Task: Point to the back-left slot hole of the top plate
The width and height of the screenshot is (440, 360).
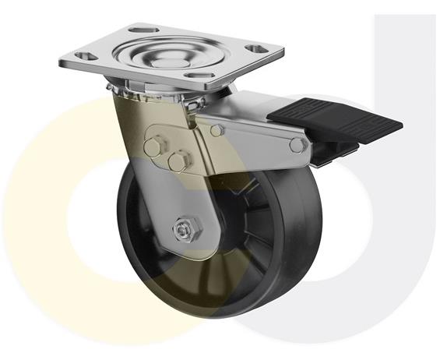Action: [x=139, y=30]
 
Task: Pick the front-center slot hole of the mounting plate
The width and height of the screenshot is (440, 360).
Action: [x=192, y=76]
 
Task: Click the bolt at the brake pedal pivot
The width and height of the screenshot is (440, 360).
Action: [x=296, y=144]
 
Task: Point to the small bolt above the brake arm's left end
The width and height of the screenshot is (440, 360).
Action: [x=216, y=129]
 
